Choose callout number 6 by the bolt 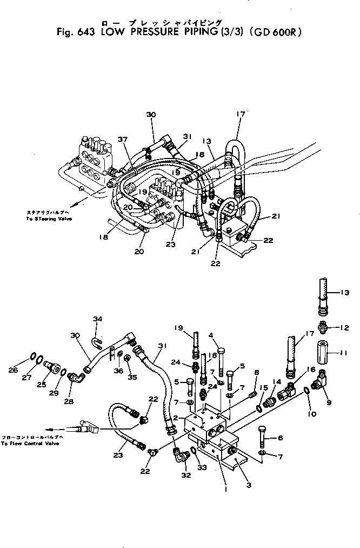click(281, 438)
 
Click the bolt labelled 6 click(263, 435)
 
